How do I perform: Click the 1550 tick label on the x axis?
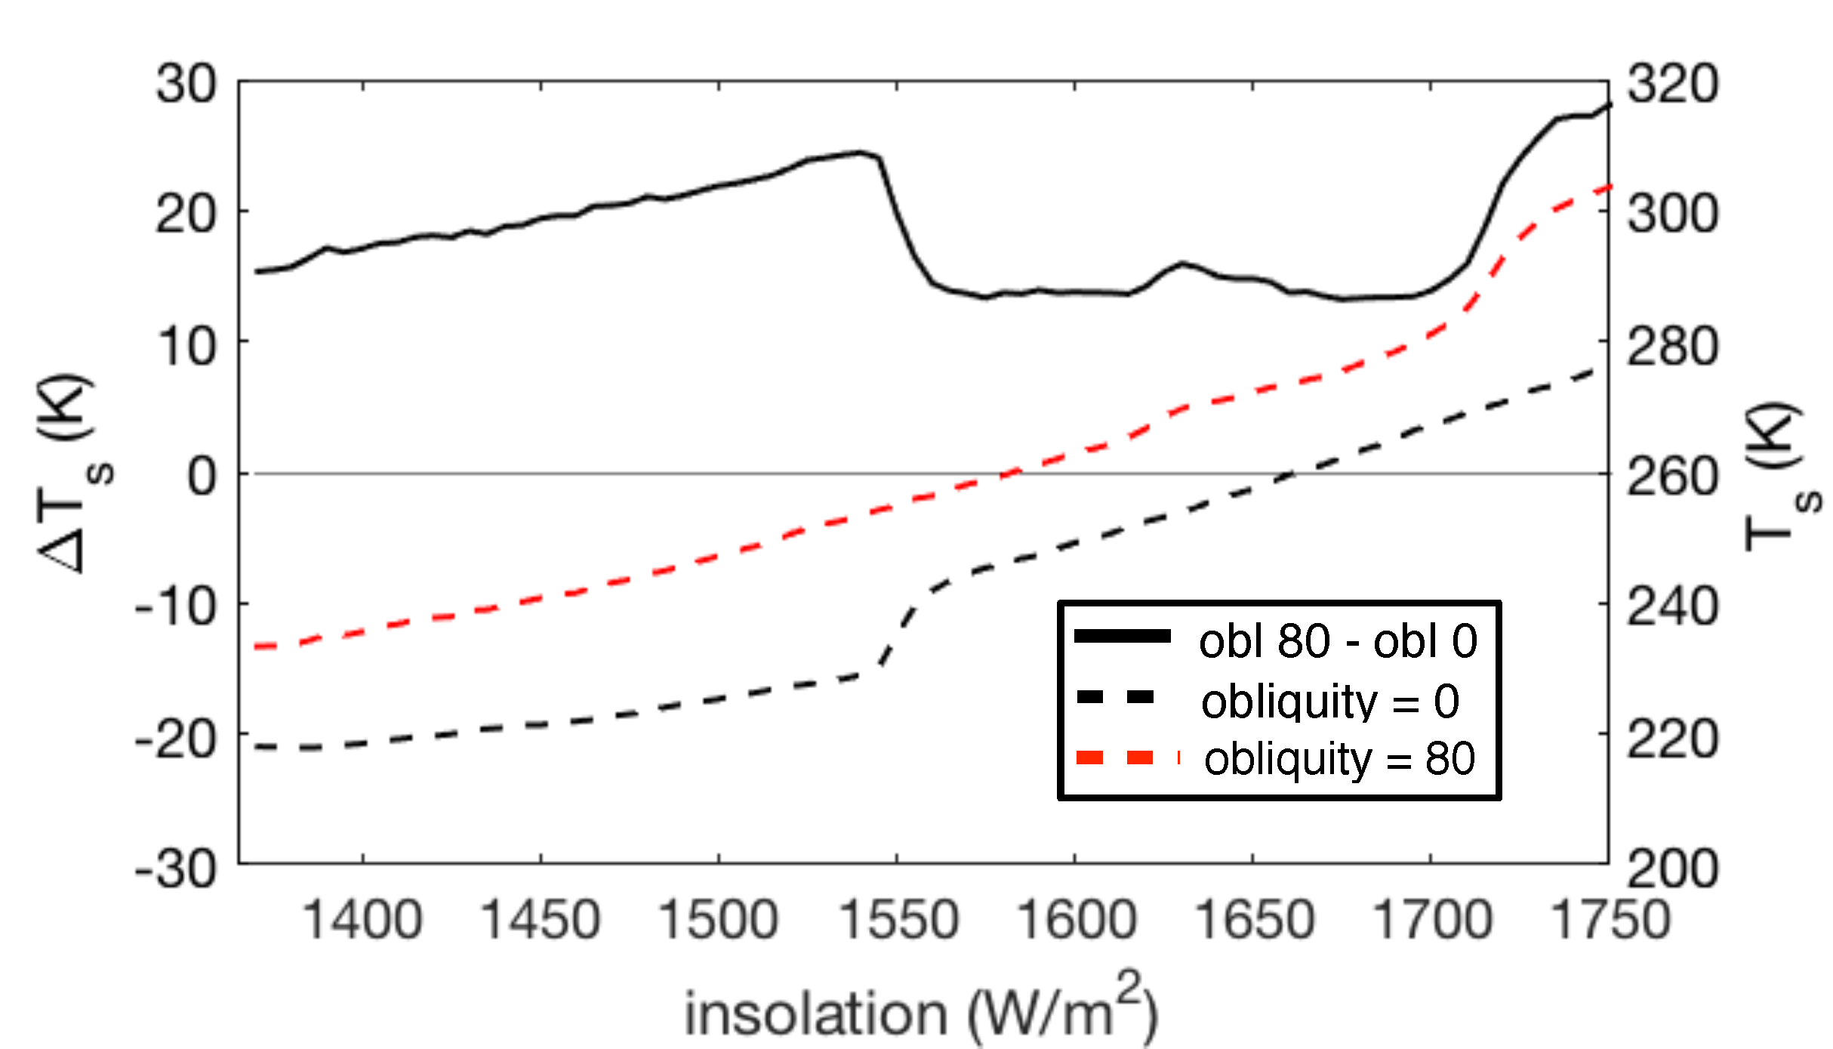(898, 920)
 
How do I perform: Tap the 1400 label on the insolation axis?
(362, 920)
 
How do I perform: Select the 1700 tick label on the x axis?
(1432, 920)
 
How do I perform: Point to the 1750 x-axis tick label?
(1610, 920)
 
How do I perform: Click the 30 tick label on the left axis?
(186, 83)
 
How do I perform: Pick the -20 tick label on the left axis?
(175, 740)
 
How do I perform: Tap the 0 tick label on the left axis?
(202, 477)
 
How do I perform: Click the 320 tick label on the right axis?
(1673, 83)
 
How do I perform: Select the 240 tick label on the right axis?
(1673, 607)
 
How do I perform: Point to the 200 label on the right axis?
(1673, 869)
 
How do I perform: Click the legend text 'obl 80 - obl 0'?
(1338, 641)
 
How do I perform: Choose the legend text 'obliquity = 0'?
(1330, 701)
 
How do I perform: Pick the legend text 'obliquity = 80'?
(1339, 758)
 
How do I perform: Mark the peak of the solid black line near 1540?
(859, 153)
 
